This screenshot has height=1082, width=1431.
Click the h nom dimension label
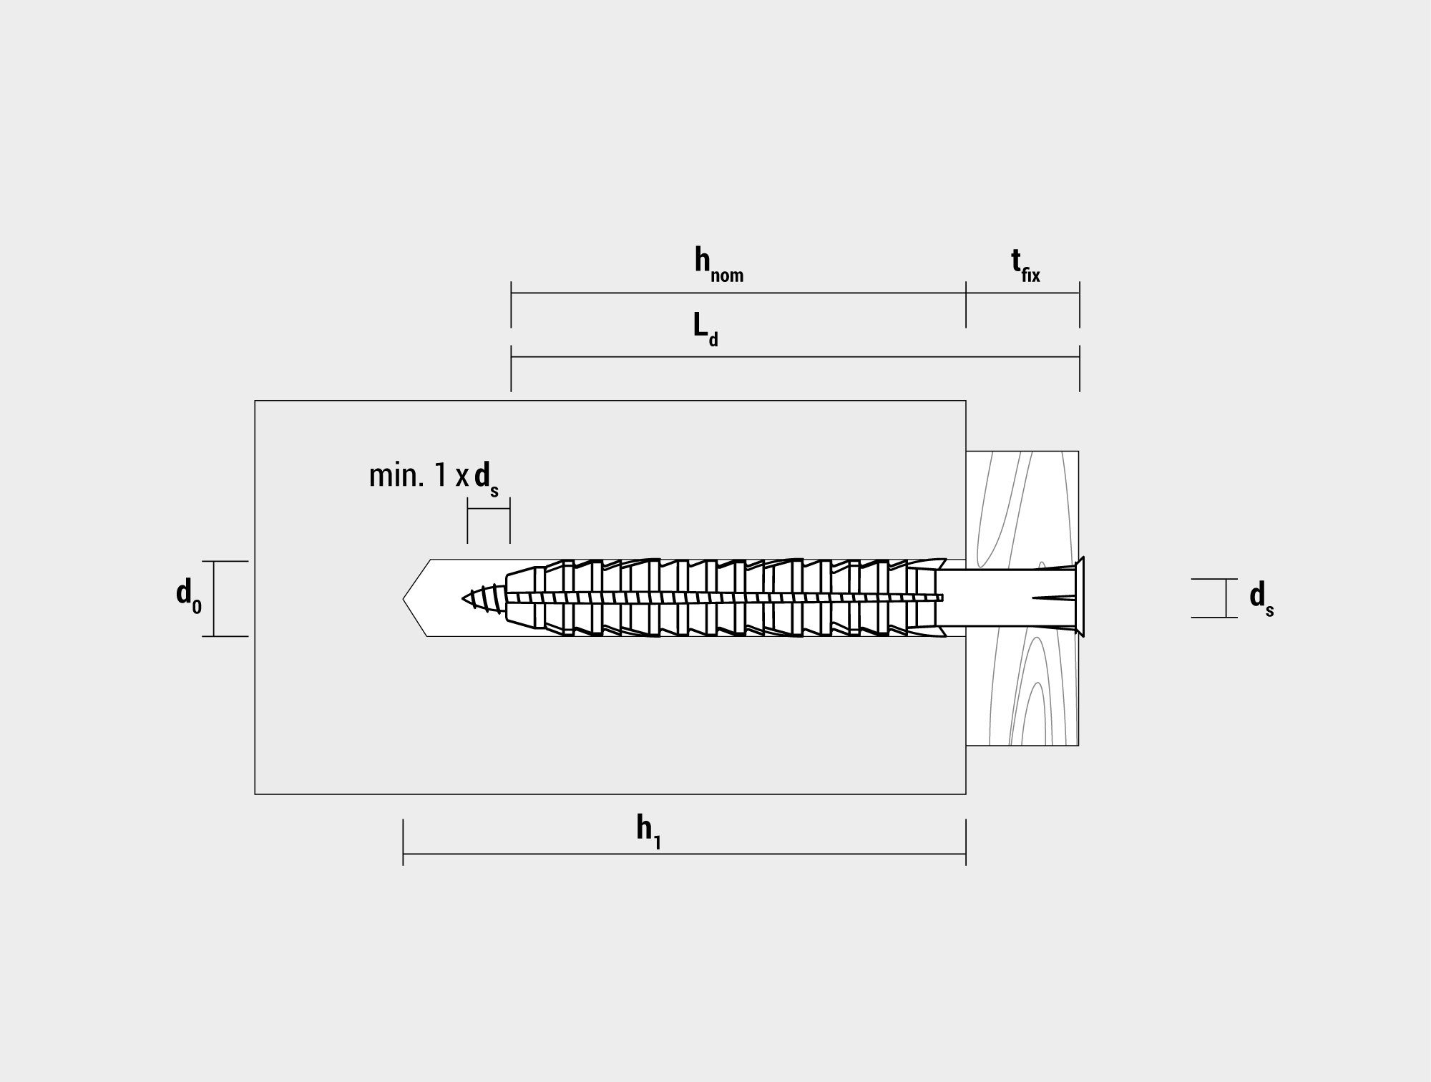point(718,265)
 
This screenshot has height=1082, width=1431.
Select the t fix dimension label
point(1025,265)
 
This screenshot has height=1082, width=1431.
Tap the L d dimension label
point(705,330)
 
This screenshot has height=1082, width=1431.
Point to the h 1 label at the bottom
point(648,832)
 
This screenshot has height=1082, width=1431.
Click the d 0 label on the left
point(189,597)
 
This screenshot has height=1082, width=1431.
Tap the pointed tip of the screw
point(463,598)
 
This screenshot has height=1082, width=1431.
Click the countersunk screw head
point(1080,597)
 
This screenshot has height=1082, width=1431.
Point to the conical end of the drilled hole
point(416,598)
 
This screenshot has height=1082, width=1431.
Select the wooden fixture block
point(1022,598)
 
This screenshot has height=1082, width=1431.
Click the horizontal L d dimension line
point(795,356)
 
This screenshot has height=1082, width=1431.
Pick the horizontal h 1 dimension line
point(684,854)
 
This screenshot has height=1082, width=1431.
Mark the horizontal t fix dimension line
point(1022,293)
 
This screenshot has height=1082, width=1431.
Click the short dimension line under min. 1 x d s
point(489,508)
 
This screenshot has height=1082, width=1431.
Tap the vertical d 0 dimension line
point(214,598)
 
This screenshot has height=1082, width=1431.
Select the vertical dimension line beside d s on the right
point(1226,598)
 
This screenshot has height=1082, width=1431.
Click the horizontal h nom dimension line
point(738,293)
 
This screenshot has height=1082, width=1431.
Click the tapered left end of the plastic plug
point(521,598)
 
